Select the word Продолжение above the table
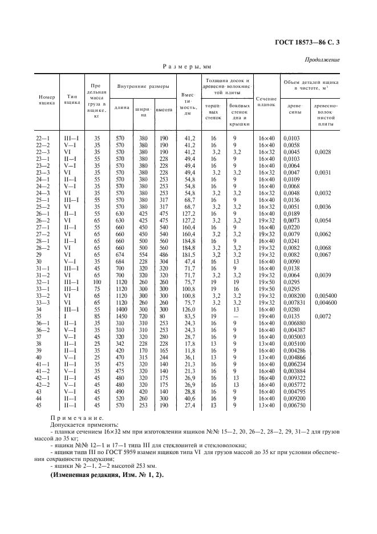pos(324,60)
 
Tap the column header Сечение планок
pos(266,102)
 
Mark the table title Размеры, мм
pos(187,67)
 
